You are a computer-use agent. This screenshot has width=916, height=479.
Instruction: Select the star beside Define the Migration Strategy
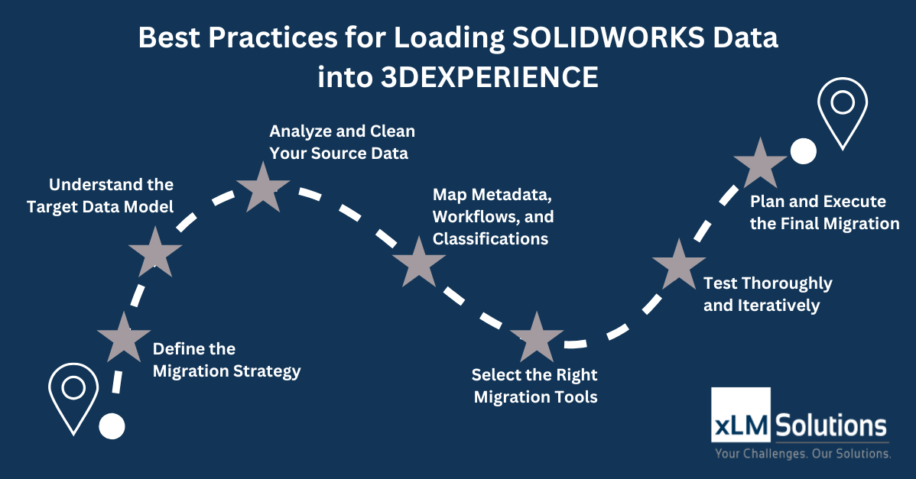(x=124, y=338)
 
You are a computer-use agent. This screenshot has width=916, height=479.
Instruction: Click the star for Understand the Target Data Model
(x=154, y=253)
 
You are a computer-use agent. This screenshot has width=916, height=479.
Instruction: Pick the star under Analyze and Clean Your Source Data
(x=263, y=188)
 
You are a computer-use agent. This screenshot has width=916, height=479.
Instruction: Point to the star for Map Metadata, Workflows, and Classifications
(x=419, y=263)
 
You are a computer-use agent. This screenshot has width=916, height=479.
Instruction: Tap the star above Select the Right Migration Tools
(x=536, y=338)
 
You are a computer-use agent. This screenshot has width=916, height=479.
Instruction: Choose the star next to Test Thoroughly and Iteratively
(x=679, y=265)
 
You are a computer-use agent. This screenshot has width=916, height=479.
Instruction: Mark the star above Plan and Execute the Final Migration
(x=760, y=164)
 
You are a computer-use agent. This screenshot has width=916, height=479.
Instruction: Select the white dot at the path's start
(x=112, y=426)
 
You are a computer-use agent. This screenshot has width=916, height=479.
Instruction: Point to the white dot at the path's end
(x=804, y=151)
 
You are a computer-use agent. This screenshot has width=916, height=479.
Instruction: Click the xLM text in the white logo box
(x=741, y=426)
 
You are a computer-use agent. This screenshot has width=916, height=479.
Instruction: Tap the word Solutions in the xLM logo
(x=831, y=426)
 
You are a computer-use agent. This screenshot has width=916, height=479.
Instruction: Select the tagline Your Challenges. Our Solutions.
(x=804, y=453)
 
